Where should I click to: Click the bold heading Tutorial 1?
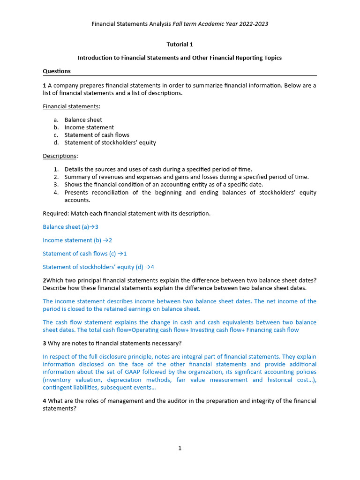click(x=180, y=45)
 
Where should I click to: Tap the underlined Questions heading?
click(x=57, y=71)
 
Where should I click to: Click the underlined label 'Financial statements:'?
click(x=71, y=106)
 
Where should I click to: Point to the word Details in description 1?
click(x=74, y=169)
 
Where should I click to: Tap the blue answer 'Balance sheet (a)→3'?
click(x=70, y=227)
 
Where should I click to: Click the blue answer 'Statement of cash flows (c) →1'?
click(x=85, y=254)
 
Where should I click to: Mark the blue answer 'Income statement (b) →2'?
click(x=77, y=240)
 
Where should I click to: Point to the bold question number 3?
click(x=45, y=343)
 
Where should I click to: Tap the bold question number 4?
click(x=45, y=401)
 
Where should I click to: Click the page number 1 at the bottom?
click(x=180, y=449)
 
